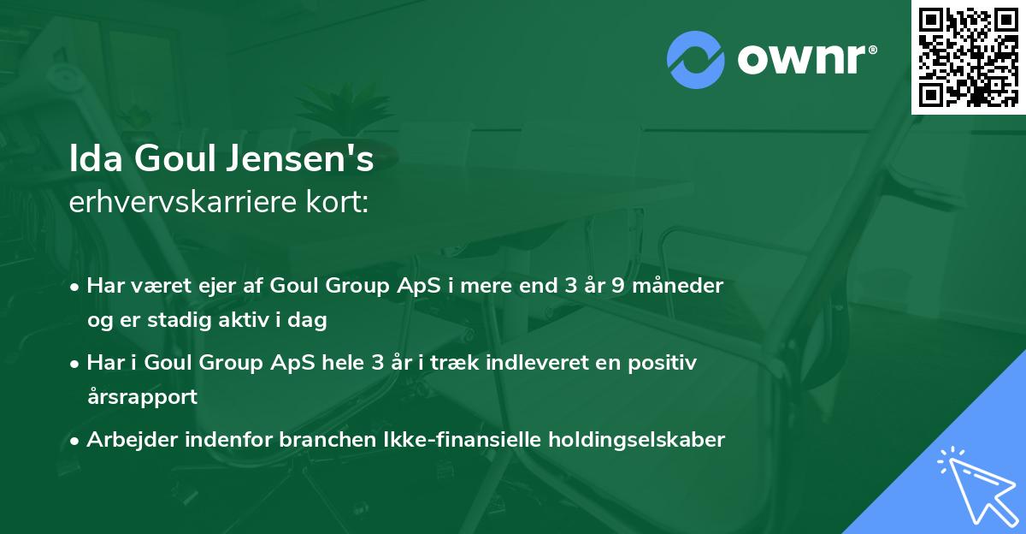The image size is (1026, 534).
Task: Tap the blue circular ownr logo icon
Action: point(695,59)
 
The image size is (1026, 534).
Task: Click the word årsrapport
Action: point(142,397)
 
